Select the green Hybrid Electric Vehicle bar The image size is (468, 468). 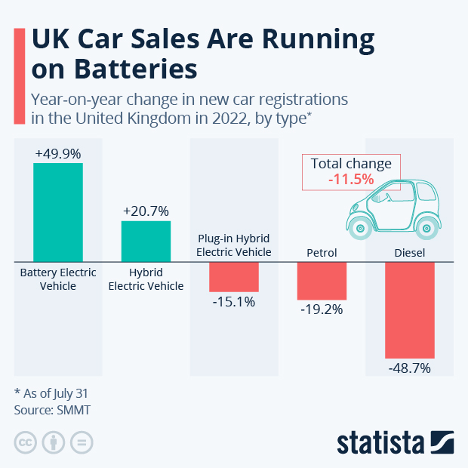[146, 242]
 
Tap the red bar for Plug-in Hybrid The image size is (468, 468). [233, 277]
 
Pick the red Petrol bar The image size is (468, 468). [322, 281]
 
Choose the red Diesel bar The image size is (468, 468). [409, 310]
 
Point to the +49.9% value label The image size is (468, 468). [58, 153]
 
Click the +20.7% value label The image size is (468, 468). [146, 211]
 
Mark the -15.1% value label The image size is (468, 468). [233, 302]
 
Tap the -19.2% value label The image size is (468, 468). [322, 309]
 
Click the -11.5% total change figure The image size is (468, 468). [350, 180]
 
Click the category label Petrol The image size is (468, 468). [322, 252]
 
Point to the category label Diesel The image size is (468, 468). [409, 252]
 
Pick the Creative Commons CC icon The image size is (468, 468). [25, 442]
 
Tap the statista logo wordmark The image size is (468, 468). [382, 442]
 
